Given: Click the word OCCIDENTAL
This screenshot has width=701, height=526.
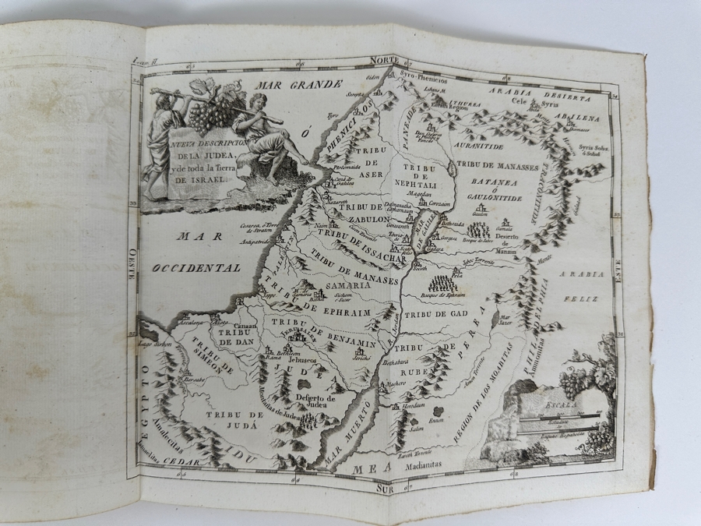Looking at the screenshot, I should point(196,267).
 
